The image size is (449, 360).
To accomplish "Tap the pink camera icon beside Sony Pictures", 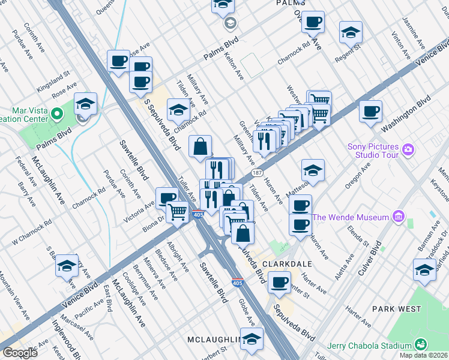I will click(x=408, y=149).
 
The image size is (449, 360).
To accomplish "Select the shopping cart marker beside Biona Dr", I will click(x=178, y=212).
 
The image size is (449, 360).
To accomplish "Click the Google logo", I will click(x=20, y=353).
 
